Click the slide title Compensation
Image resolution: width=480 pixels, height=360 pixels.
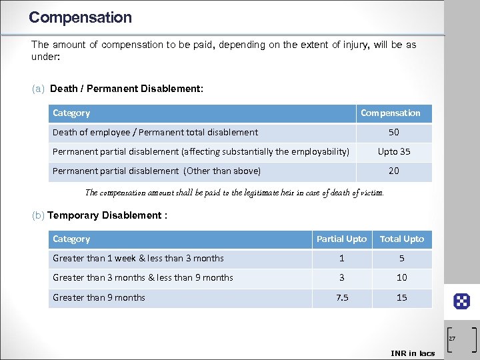point(80,17)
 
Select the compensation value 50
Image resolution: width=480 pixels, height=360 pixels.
point(394,133)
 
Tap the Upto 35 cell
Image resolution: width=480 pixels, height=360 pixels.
point(394,151)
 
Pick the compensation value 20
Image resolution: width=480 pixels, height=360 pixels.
point(394,171)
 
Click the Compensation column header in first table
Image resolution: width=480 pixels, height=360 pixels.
point(391,113)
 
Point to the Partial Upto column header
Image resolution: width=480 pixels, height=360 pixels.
point(341,239)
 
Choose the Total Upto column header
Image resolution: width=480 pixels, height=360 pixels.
point(402,239)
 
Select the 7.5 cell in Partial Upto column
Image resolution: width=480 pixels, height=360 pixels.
point(341,297)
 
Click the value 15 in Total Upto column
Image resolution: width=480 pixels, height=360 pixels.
point(402,297)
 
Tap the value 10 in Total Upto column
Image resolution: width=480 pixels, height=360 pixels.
point(402,277)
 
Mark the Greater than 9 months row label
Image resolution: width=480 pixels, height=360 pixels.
point(99,297)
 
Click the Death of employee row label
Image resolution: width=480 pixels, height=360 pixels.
point(155,133)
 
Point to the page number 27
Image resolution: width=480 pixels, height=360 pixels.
point(451,339)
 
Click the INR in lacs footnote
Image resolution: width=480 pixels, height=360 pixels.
point(413,353)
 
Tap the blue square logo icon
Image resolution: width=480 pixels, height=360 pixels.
point(461,301)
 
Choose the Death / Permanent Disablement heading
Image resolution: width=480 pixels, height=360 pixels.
point(127,88)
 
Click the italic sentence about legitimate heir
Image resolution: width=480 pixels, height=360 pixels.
point(235,193)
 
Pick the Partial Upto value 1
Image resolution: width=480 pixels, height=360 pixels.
point(341,259)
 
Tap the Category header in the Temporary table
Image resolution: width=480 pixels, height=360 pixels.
point(71,239)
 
